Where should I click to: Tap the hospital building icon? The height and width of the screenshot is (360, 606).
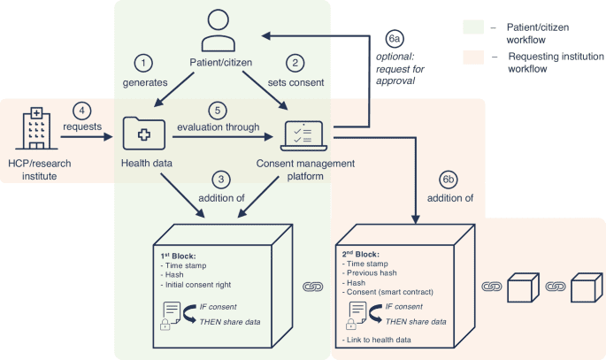coord(34,132)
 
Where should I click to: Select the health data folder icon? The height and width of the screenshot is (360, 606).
coord(143,134)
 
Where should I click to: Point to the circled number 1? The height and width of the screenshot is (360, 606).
coord(143,63)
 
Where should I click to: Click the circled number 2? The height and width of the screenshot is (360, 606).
coord(295,63)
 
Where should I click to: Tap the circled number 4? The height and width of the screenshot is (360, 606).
coord(81,111)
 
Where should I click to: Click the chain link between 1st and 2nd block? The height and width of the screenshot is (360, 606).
coord(314,287)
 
